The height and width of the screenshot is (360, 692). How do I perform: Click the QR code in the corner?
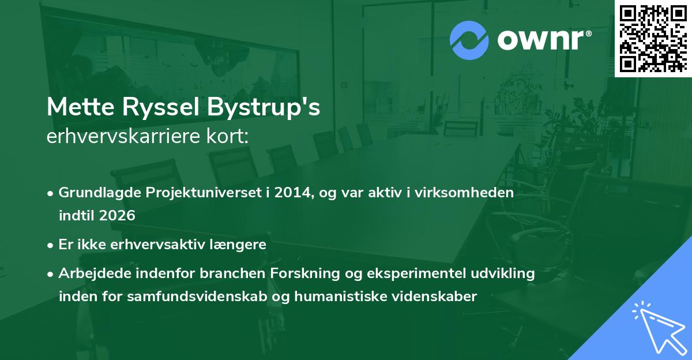(x=653, y=39)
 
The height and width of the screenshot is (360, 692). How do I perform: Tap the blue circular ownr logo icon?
(x=469, y=40)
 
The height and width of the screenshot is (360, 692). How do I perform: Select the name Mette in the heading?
(x=81, y=107)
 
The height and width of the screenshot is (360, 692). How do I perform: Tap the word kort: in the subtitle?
(x=227, y=136)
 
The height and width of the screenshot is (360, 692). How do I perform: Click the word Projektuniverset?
(x=204, y=193)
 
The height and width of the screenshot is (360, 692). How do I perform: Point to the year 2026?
(x=117, y=215)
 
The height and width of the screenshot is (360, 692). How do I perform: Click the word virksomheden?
(x=464, y=193)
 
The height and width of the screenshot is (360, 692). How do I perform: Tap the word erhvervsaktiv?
(x=157, y=245)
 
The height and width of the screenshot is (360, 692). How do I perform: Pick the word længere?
(x=238, y=245)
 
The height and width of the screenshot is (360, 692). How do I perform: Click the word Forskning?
(x=305, y=274)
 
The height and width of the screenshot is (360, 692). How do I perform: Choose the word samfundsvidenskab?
(x=197, y=297)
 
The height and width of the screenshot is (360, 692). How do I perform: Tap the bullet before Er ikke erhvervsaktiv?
(x=50, y=246)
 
